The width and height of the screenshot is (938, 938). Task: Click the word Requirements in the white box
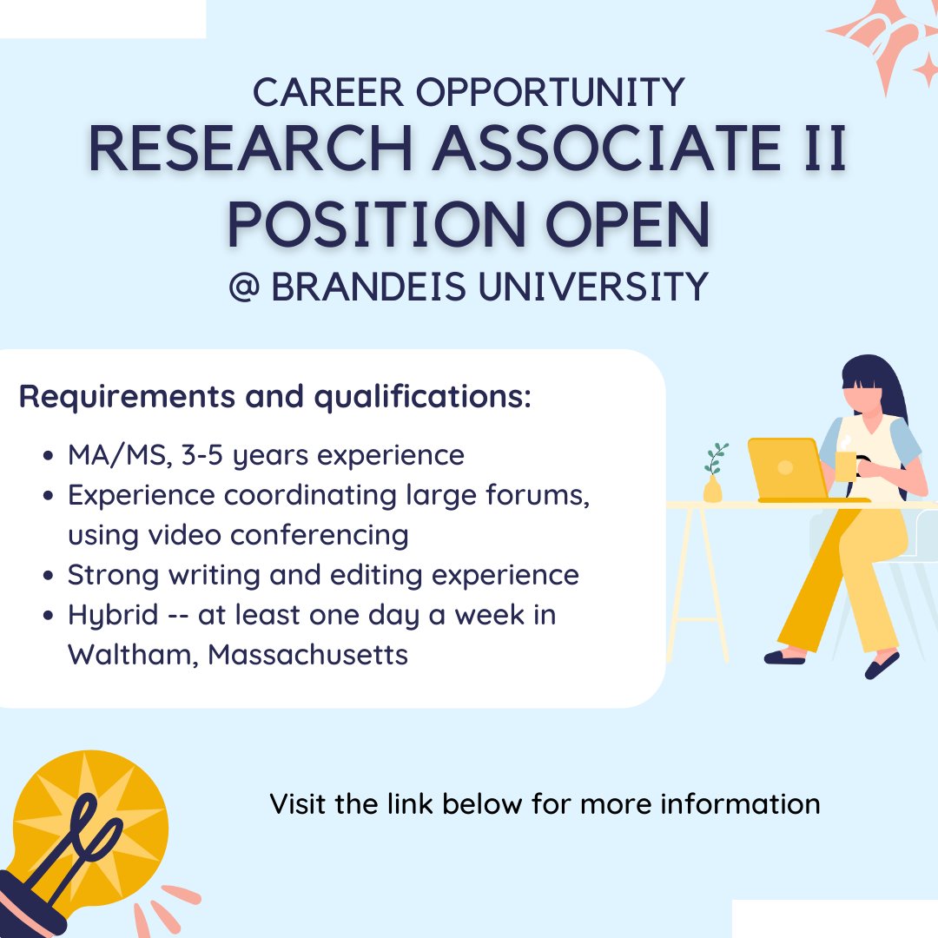coord(111,397)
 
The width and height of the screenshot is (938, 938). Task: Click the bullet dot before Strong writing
coord(50,576)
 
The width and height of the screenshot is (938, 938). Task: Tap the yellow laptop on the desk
coord(785,469)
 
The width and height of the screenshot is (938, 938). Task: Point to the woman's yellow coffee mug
coord(845,466)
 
